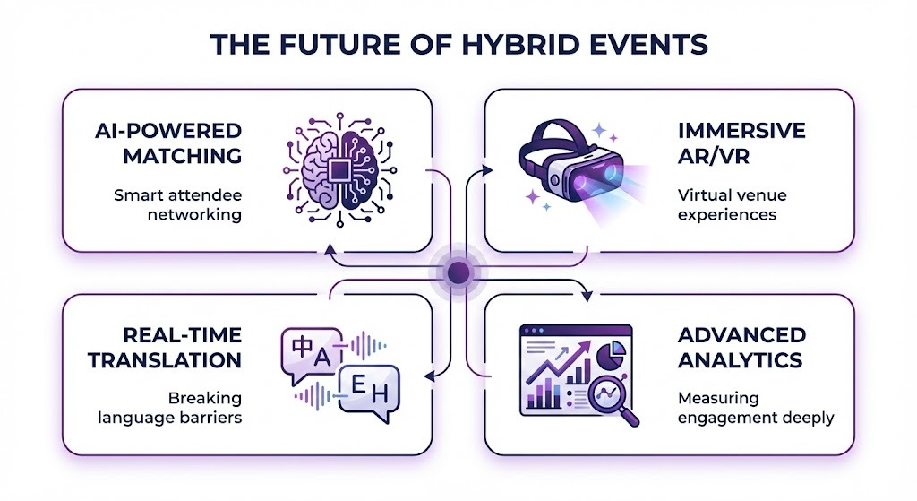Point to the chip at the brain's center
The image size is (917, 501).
(x=339, y=170)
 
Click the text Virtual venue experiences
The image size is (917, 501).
(x=726, y=205)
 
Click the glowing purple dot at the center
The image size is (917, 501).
(x=458, y=272)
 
